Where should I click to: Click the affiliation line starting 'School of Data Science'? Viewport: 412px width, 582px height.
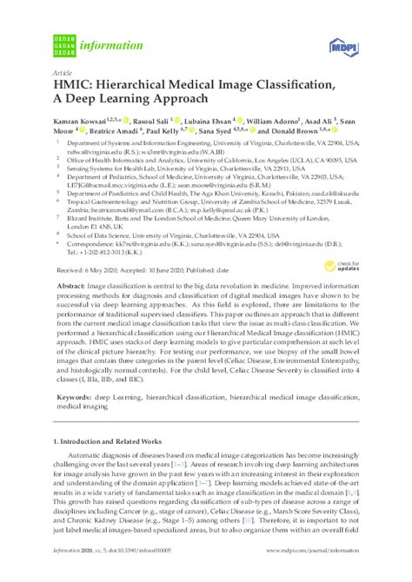(183, 234)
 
